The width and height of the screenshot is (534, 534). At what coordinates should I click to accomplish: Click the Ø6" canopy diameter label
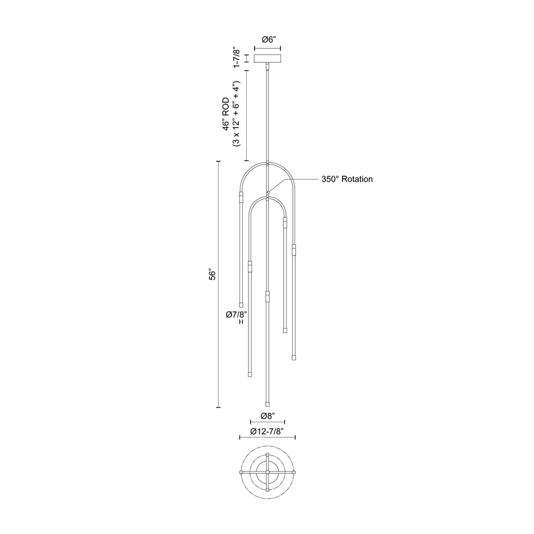pos(268,39)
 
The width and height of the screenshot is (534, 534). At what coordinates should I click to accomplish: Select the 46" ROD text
pos(225,115)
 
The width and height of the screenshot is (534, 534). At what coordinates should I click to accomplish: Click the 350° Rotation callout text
pos(347,179)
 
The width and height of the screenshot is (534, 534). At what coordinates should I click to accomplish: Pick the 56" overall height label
pos(212,275)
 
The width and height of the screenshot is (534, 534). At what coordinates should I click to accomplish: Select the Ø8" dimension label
pos(268,417)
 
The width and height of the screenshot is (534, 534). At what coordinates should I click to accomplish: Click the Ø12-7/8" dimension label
pos(268,432)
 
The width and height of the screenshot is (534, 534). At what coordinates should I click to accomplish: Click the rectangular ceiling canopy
pos(268,58)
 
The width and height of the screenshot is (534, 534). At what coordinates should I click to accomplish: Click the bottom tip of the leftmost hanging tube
pos(241,305)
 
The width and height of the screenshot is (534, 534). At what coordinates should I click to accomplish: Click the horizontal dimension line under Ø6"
pos(268,49)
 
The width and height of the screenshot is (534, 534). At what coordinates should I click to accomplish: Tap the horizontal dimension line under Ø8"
pos(268,423)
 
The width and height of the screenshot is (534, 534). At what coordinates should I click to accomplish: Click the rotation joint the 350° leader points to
pos(268,192)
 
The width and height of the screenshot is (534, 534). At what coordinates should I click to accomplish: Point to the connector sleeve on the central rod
pos(268,296)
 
